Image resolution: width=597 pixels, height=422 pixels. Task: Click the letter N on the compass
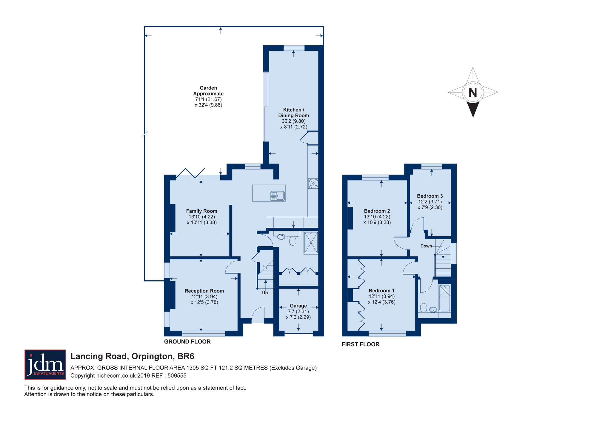(473, 93)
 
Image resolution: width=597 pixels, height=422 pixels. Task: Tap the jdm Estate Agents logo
(45, 364)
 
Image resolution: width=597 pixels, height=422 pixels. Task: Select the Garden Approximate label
(208, 91)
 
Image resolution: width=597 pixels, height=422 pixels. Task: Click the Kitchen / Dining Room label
(293, 113)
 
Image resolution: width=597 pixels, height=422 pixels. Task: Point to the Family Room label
(202, 211)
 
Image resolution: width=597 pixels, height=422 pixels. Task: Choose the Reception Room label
(204, 291)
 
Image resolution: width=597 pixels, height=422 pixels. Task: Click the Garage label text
(298, 306)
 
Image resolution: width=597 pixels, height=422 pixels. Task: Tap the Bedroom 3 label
(430, 196)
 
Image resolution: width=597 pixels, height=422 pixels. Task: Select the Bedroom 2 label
(377, 211)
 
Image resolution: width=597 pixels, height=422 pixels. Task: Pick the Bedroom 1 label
(381, 290)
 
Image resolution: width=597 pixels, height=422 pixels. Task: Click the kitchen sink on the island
(278, 196)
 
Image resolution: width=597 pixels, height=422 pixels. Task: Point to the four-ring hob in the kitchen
(313, 184)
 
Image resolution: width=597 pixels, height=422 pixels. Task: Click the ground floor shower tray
(311, 243)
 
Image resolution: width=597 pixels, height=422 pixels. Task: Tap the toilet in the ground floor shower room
(293, 239)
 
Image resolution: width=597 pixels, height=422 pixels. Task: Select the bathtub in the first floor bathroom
(444, 298)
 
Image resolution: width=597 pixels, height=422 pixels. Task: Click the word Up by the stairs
(265, 293)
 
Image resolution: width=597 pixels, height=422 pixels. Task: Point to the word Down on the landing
(426, 246)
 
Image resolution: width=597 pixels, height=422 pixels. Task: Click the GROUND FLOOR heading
(187, 341)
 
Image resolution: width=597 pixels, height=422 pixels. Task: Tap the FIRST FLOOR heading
(361, 344)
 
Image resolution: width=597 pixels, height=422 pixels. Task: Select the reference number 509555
(177, 375)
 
